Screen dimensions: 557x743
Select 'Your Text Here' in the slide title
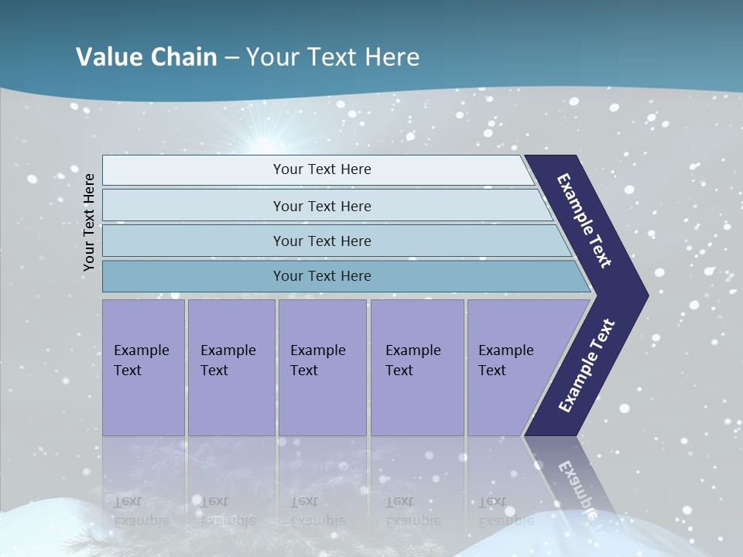333,57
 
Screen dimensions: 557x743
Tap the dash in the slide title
231,58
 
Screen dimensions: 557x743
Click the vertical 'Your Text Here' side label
90,222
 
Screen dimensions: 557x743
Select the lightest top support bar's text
322,169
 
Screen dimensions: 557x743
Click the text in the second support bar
322,207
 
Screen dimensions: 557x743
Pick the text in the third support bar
322,241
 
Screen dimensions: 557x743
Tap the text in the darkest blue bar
322,276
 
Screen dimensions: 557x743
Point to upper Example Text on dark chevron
585,221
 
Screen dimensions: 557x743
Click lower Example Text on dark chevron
587,366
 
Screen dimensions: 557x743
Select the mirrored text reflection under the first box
141,511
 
